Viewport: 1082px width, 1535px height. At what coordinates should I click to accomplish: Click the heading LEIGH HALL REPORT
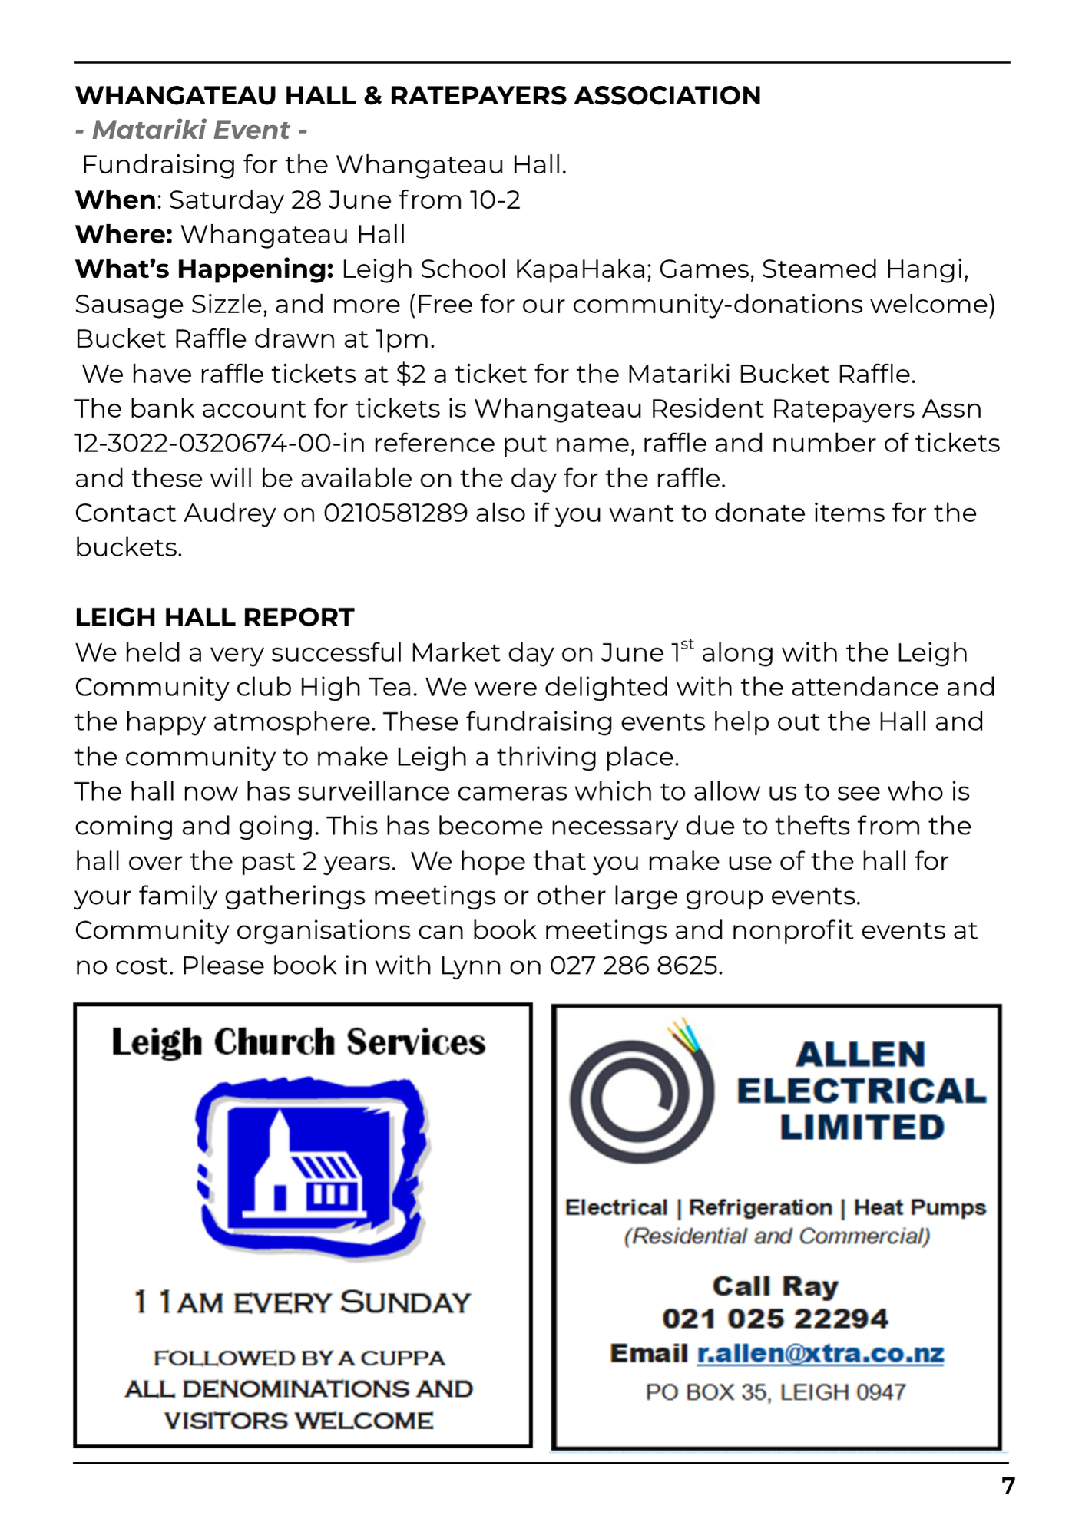(x=214, y=617)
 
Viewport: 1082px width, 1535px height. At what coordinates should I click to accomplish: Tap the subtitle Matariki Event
(x=191, y=130)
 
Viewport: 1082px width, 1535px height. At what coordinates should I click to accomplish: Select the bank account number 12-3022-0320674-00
(x=207, y=444)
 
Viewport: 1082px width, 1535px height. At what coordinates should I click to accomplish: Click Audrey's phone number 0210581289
(x=395, y=513)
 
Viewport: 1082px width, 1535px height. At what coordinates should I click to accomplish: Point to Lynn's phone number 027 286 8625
(x=635, y=966)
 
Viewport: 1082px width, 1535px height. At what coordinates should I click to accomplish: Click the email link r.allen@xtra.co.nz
(x=820, y=1353)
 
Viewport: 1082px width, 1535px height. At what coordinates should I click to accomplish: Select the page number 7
(x=1008, y=1486)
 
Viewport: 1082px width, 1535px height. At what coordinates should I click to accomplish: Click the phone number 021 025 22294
(x=776, y=1319)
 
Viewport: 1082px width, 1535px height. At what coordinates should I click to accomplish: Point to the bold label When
(x=115, y=200)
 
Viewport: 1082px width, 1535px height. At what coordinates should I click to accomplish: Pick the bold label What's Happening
(x=204, y=269)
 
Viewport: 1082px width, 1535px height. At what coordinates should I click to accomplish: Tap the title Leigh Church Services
(x=299, y=1042)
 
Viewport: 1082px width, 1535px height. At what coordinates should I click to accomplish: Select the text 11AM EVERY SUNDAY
(x=302, y=1302)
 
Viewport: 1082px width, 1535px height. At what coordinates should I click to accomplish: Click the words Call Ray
(x=776, y=1286)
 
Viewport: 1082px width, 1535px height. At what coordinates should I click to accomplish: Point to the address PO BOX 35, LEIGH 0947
(x=776, y=1391)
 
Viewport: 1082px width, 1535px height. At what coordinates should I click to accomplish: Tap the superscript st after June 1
(x=687, y=645)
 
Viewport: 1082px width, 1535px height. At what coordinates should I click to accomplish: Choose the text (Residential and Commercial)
(x=776, y=1236)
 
